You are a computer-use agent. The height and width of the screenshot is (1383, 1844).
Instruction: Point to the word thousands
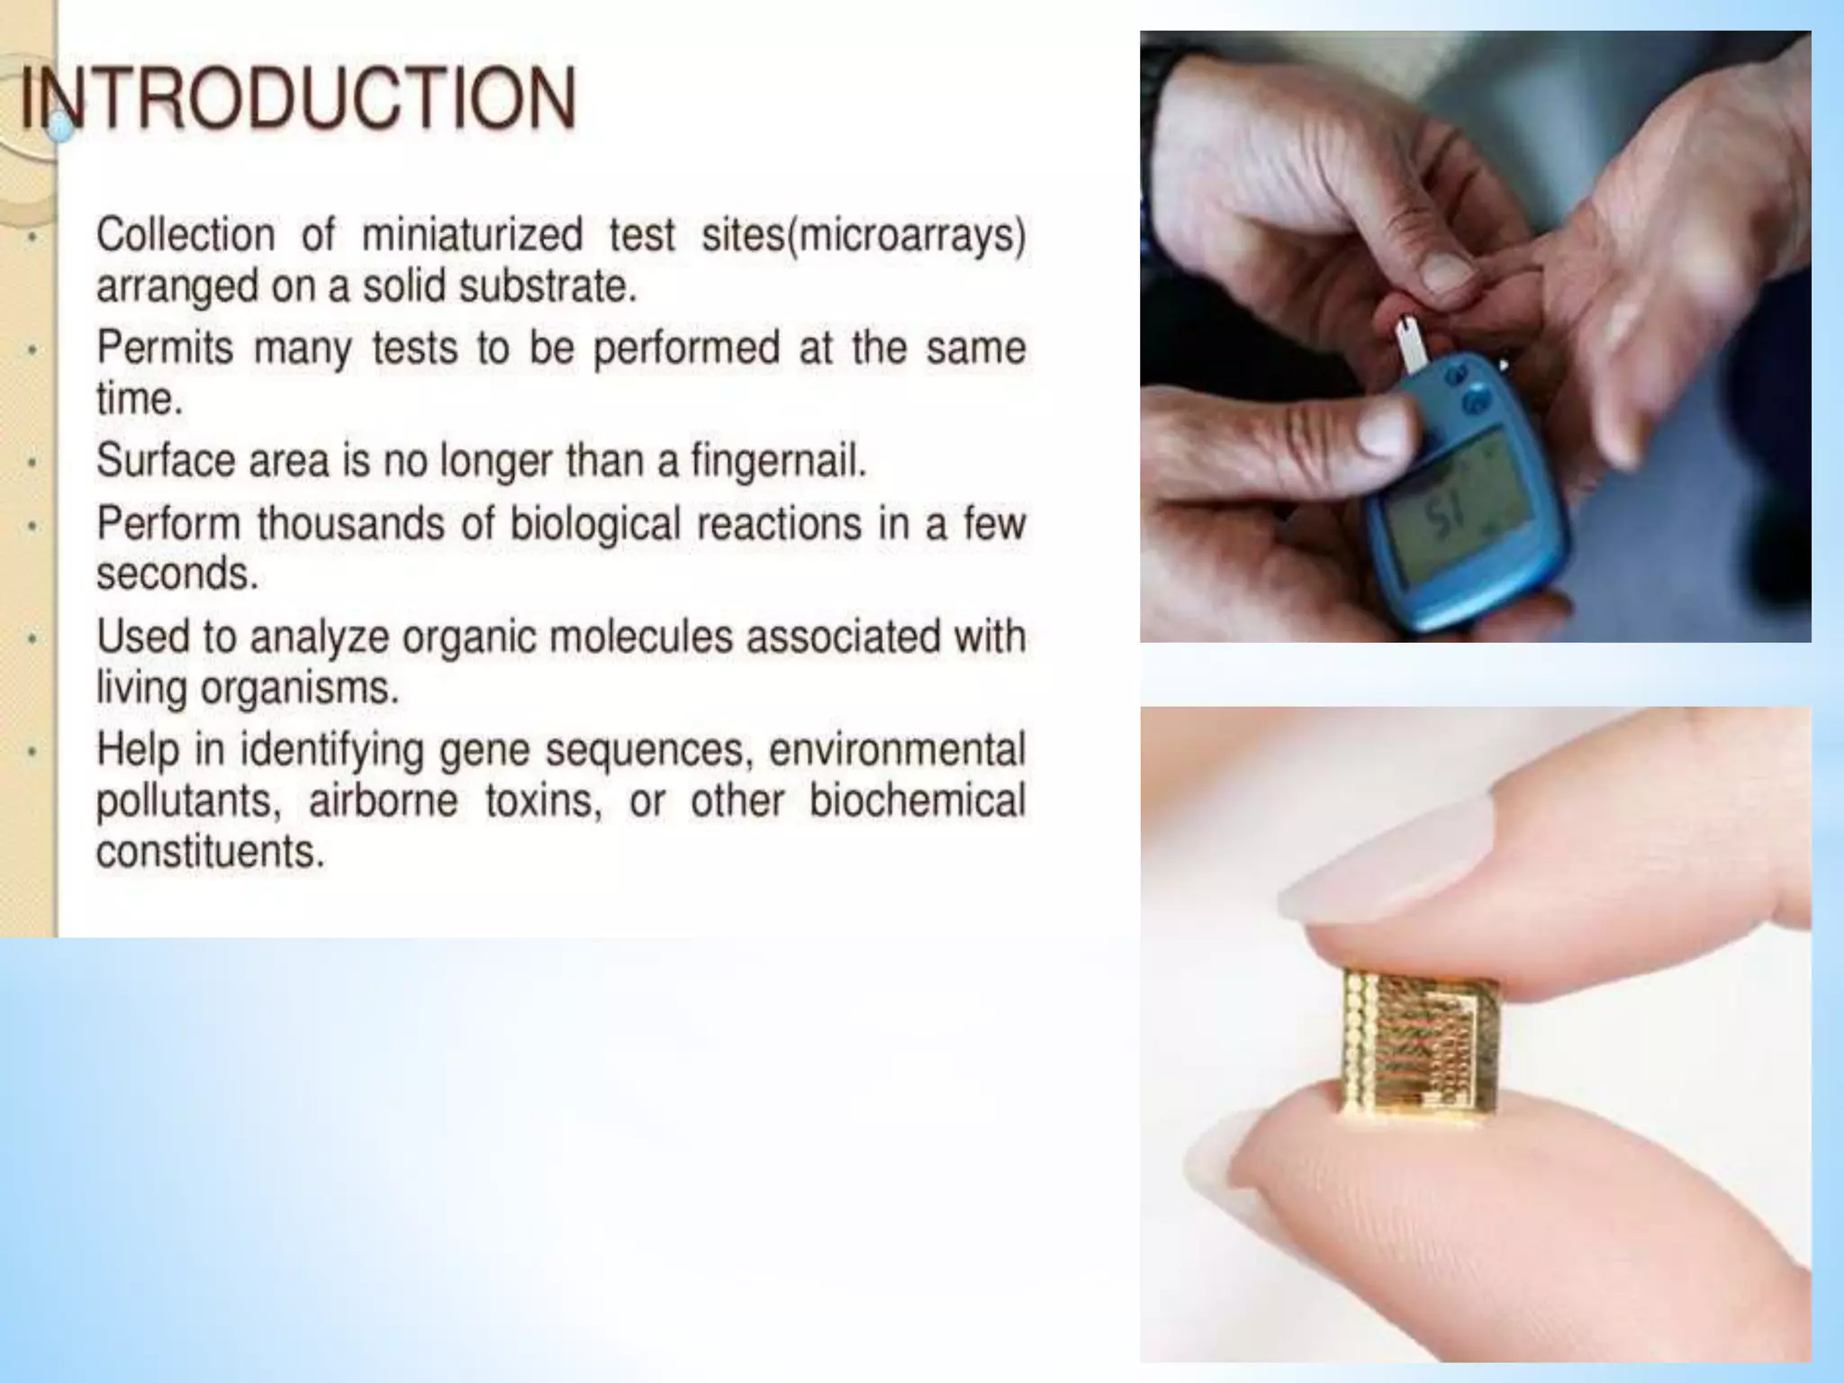(351, 524)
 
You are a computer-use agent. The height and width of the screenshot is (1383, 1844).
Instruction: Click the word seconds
(177, 574)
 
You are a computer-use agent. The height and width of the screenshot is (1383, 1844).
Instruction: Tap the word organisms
(298, 689)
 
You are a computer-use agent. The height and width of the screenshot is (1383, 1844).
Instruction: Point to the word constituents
(209, 852)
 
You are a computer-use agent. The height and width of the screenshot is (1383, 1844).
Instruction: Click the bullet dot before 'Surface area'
(32, 463)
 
